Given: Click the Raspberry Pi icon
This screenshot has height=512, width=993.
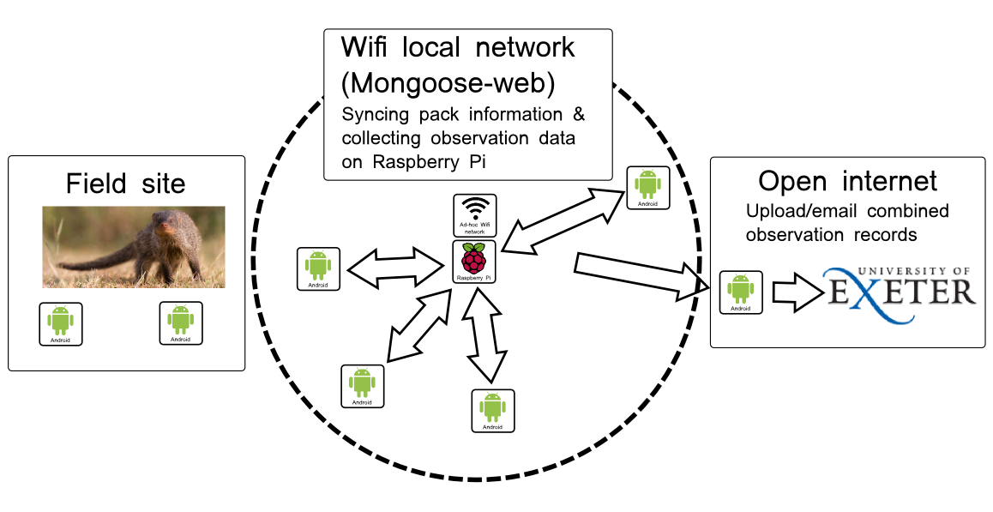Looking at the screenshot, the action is pyautogui.click(x=474, y=261).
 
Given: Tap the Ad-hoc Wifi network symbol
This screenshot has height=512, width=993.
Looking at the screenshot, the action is pyautogui.click(x=475, y=215).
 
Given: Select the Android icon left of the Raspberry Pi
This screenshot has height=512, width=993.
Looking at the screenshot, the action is pyautogui.click(x=318, y=268).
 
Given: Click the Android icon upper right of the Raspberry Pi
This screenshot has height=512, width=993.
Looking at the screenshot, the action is pyautogui.click(x=648, y=188).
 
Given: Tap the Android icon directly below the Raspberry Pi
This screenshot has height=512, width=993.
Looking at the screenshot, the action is pyautogui.click(x=493, y=411).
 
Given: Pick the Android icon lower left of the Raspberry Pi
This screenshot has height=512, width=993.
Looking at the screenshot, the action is pyautogui.click(x=362, y=386).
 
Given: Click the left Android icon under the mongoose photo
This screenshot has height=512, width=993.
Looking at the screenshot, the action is pyautogui.click(x=60, y=324).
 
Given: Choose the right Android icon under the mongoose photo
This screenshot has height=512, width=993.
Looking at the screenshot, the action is pyautogui.click(x=180, y=323).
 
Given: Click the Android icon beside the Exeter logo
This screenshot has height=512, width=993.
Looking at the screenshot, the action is pyautogui.click(x=740, y=292).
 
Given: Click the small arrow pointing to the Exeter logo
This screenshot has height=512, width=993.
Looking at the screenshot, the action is pyautogui.click(x=796, y=292).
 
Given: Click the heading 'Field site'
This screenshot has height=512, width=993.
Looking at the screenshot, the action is pyautogui.click(x=125, y=184).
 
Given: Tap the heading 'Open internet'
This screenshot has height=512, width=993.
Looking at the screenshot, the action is pyautogui.click(x=847, y=182).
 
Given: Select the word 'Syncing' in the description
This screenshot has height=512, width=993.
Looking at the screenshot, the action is pyautogui.click(x=375, y=115).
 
